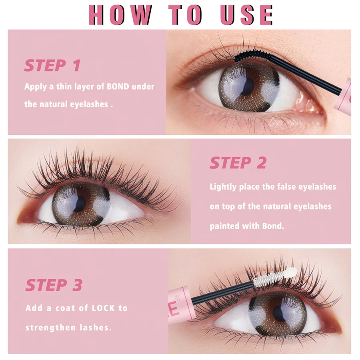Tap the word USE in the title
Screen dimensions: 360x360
[x=246, y=15]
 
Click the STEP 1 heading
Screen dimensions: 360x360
[x=52, y=65]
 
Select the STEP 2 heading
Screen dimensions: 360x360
[x=238, y=163]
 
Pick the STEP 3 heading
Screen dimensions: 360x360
[x=54, y=285]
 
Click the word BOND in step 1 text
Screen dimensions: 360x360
[x=118, y=86]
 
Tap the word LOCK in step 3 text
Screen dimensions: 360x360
[x=104, y=308]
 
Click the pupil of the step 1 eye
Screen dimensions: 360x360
[x=248, y=86]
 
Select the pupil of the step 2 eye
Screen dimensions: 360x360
[x=80, y=204]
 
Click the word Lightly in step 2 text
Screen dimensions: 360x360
[x=223, y=187]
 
